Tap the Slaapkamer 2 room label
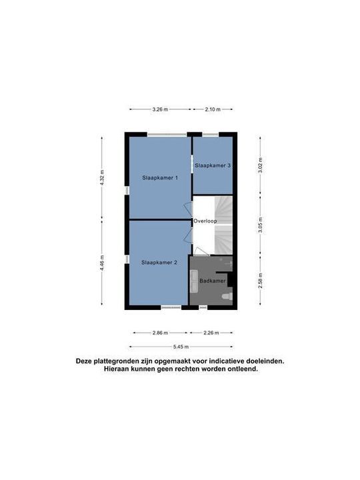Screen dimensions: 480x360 click(x=159, y=263)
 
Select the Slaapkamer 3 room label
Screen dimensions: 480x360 click(x=213, y=165)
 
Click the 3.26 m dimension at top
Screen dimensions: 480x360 click(x=160, y=109)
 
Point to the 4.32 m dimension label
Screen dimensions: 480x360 click(x=102, y=178)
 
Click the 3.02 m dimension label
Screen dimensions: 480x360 click(x=259, y=165)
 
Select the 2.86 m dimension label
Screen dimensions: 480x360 click(x=160, y=332)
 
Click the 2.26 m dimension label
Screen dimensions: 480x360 click(x=211, y=332)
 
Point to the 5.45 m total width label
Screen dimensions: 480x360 click(x=181, y=347)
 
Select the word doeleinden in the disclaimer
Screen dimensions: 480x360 click(x=262, y=361)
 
